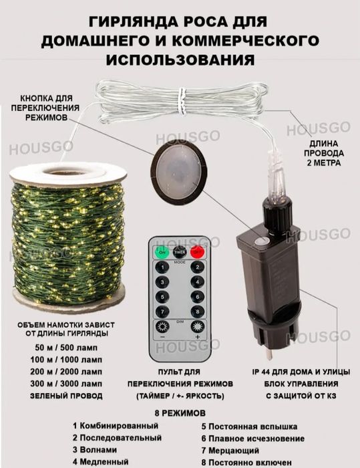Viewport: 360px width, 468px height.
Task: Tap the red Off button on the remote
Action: (x=197, y=252)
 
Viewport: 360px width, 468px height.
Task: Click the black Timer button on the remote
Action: (x=180, y=252)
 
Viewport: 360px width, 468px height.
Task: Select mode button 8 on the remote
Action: (x=197, y=311)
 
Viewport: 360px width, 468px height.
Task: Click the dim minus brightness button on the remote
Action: (x=162, y=328)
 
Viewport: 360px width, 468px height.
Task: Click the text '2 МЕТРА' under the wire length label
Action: (x=323, y=162)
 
